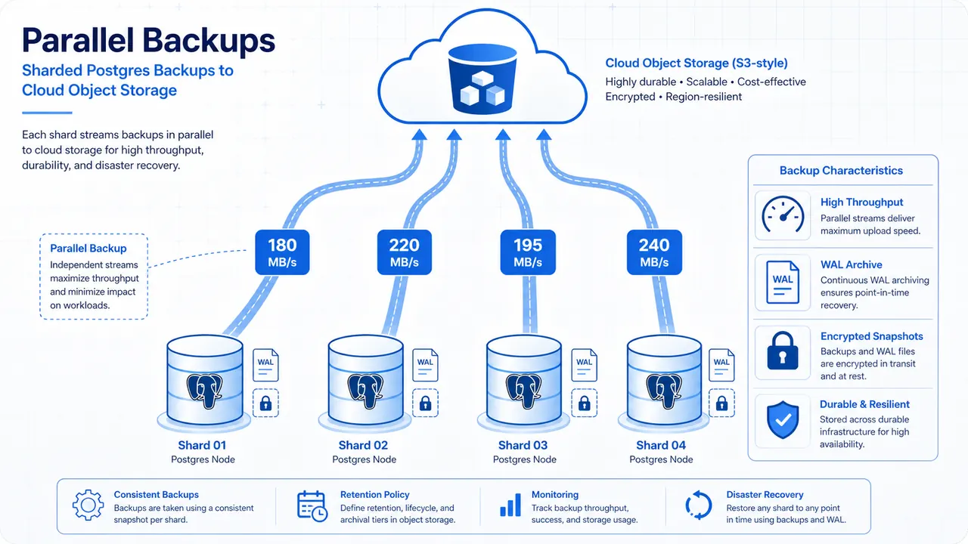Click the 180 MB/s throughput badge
click(282, 252)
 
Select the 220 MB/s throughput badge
click(404, 252)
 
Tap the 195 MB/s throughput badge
click(528, 252)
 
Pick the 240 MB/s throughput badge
click(654, 252)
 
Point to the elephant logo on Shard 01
click(204, 391)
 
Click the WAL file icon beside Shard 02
click(425, 365)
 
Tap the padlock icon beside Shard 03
click(585, 403)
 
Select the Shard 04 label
click(661, 445)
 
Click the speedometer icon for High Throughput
click(783, 215)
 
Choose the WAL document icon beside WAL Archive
click(783, 283)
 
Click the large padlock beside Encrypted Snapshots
click(783, 351)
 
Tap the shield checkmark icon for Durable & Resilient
click(783, 420)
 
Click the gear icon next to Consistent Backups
click(88, 505)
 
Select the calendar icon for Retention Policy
click(312, 506)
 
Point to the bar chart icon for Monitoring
click(510, 505)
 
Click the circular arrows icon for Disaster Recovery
click(698, 505)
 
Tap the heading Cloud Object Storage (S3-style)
click(697, 63)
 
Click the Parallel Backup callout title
click(88, 249)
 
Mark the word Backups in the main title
click(209, 41)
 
